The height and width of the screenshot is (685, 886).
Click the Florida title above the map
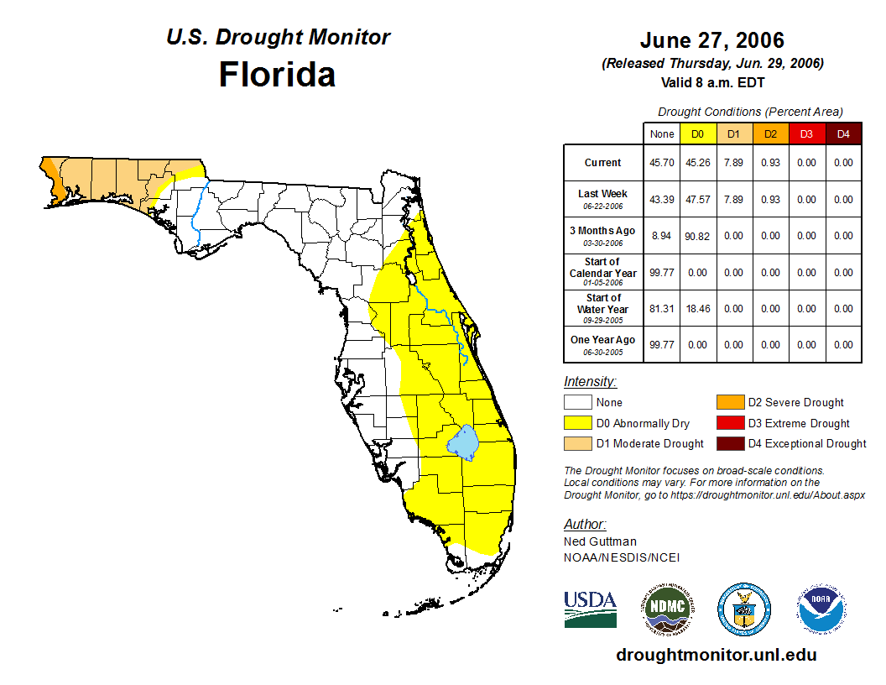click(x=277, y=75)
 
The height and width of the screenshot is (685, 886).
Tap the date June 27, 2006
click(x=711, y=40)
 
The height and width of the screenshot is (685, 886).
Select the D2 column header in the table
click(x=770, y=133)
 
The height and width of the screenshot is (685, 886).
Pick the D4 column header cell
click(x=842, y=133)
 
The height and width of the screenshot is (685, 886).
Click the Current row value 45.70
click(x=662, y=163)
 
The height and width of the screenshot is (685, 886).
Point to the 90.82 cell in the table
click(x=698, y=236)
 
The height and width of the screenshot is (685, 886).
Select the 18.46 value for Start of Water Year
click(x=698, y=309)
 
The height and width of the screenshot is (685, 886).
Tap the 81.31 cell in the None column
click(x=662, y=309)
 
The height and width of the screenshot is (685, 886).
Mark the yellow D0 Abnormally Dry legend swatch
click(x=578, y=423)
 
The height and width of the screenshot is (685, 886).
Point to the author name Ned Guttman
click(x=600, y=541)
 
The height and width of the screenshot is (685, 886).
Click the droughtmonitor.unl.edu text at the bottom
click(x=716, y=655)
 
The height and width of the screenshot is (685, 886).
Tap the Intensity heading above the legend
click(x=590, y=381)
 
